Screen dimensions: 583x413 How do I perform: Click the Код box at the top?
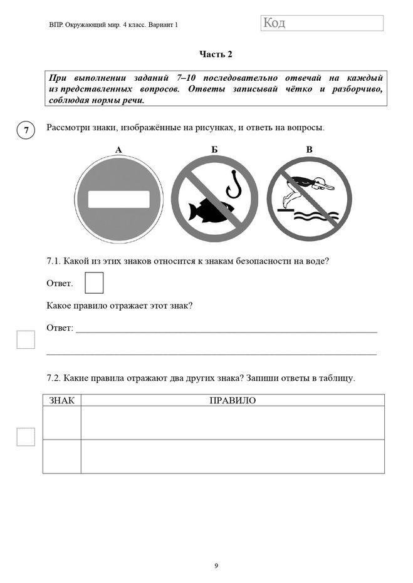(x=321, y=23)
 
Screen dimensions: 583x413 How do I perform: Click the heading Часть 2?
(x=216, y=54)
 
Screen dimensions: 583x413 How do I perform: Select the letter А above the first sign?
(x=118, y=149)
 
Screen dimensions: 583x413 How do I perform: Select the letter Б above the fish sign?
(x=214, y=149)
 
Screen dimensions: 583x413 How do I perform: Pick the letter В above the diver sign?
(x=309, y=149)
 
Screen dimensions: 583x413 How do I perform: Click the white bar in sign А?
(x=118, y=199)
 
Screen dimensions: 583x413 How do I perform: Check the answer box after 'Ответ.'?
(x=93, y=283)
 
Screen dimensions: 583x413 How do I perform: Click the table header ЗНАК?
(x=61, y=401)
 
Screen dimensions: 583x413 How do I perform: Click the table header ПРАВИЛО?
(x=233, y=401)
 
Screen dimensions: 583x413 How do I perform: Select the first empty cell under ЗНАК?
(x=61, y=423)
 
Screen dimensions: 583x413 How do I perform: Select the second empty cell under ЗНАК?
(x=61, y=456)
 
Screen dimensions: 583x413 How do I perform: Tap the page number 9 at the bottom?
(x=216, y=566)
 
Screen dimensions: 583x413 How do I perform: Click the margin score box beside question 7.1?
(x=26, y=339)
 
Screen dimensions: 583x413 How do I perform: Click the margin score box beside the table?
(x=26, y=436)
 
